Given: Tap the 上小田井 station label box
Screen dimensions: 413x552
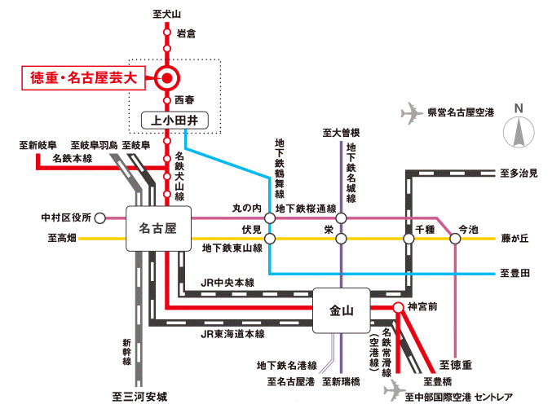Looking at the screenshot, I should click(175, 121).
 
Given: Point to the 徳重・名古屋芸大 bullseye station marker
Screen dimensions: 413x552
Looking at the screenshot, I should click(166, 78).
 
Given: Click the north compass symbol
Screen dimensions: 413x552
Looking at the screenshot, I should click(518, 130).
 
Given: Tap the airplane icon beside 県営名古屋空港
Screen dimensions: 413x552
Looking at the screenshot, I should click(415, 112).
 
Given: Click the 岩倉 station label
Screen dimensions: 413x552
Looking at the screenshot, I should click(186, 33).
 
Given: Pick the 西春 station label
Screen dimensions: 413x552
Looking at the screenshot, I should click(185, 100).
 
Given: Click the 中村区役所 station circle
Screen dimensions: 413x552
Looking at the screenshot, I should click(100, 217).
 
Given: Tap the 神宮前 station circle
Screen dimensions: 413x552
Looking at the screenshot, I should click(396, 307).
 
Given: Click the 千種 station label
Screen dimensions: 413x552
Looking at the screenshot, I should click(426, 229).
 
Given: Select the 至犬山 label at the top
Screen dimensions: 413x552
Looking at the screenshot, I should click(166, 12).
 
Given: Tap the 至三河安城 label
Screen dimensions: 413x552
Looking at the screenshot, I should click(139, 398).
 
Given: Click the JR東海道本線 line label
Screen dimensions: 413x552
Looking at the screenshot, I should click(232, 334).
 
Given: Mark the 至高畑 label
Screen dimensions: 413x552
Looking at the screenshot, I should click(62, 239).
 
